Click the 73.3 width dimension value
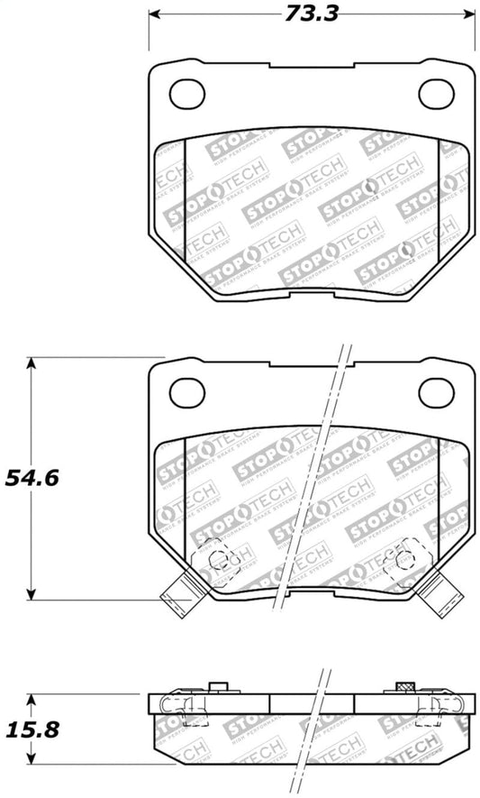311,14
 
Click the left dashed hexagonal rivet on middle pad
215,559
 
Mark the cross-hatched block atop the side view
404,689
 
